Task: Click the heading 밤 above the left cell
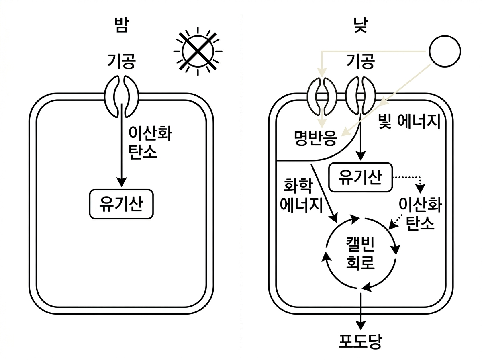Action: [121, 27]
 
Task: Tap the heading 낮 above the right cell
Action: [360, 27]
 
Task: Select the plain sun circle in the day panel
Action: [445, 51]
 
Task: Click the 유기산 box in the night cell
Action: [121, 204]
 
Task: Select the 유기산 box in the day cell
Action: [360, 177]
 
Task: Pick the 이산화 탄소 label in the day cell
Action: [420, 214]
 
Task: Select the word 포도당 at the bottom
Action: [360, 342]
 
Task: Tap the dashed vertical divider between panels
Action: [241, 181]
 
